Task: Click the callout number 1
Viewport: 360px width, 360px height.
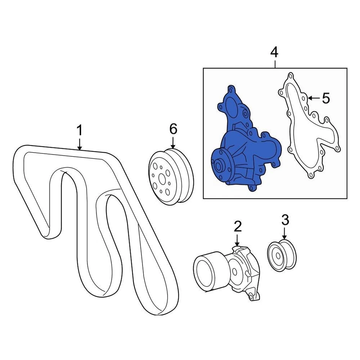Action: point(79,131)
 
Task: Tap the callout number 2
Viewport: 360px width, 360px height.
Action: point(237,226)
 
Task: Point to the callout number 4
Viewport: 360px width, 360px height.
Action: point(274,52)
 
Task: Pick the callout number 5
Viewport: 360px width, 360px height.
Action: point(325,98)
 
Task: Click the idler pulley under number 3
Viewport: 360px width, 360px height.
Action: point(282,255)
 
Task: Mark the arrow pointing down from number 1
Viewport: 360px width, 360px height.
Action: point(79,144)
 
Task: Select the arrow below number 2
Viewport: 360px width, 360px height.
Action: point(237,240)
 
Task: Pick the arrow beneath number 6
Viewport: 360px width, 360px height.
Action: point(173,142)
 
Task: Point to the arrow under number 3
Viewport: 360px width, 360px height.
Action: point(284,233)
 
